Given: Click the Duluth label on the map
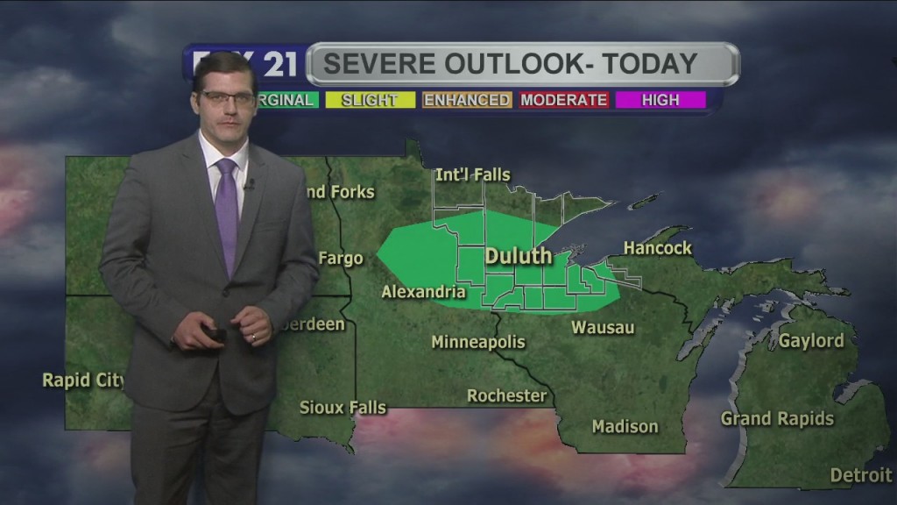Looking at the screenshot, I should (519, 256).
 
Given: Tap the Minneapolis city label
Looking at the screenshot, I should (477, 342).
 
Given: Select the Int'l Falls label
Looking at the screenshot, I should (472, 175).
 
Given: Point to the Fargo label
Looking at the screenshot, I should (340, 259).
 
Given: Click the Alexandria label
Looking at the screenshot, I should (423, 292).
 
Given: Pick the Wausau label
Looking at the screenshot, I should (603, 328).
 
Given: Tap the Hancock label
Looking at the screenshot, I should (657, 248).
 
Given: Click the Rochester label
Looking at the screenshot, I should (506, 396).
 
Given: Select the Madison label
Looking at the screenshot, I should (625, 427).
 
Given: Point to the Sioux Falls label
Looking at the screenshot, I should (343, 407).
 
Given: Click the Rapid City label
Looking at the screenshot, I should (83, 381).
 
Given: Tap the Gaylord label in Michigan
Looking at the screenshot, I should (811, 341).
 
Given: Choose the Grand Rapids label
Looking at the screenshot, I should (777, 419).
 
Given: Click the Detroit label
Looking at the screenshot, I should (860, 475).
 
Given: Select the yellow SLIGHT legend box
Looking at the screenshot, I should (369, 100).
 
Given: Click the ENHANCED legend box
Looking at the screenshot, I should (467, 100).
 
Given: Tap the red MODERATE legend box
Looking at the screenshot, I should (564, 100).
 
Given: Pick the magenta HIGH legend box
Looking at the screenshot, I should (660, 100).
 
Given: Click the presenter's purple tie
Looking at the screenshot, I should (227, 215).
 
